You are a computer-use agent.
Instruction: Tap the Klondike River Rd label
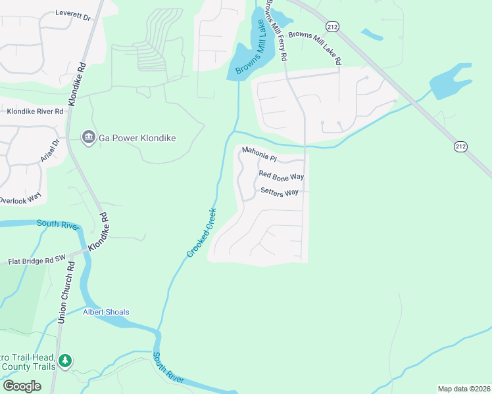coord(35,112)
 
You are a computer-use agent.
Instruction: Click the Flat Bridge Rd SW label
coord(38,261)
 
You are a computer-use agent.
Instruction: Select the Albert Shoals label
coord(106,312)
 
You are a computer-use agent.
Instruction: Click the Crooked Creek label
coord(201,232)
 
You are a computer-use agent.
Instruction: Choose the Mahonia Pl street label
coord(260,153)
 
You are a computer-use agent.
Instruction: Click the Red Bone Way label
coord(281,176)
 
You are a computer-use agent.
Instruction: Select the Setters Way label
coord(280,192)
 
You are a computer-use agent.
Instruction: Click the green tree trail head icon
coord(64,361)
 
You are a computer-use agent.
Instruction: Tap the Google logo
coord(22,386)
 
